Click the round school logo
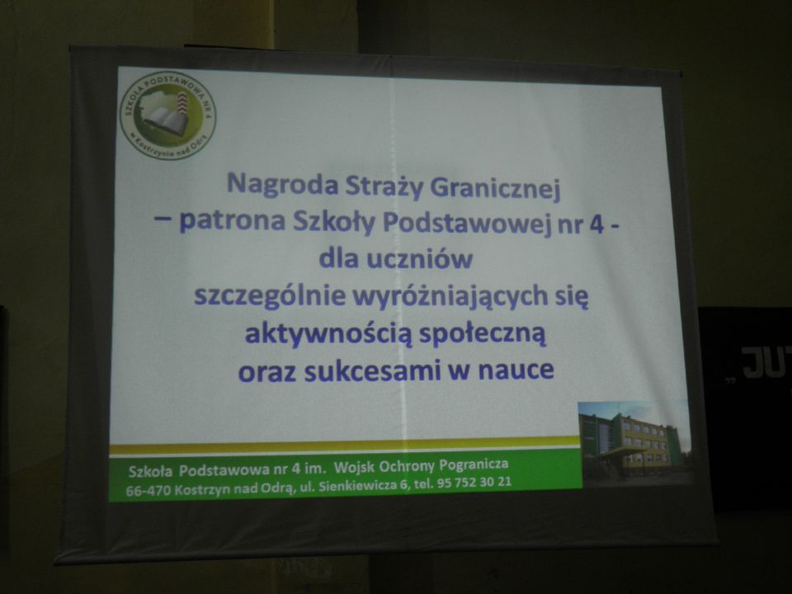[168, 115]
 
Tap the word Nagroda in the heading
[282, 184]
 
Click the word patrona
[233, 221]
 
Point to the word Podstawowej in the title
[466, 224]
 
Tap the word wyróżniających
[450, 297]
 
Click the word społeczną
[483, 335]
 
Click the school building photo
[634, 444]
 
